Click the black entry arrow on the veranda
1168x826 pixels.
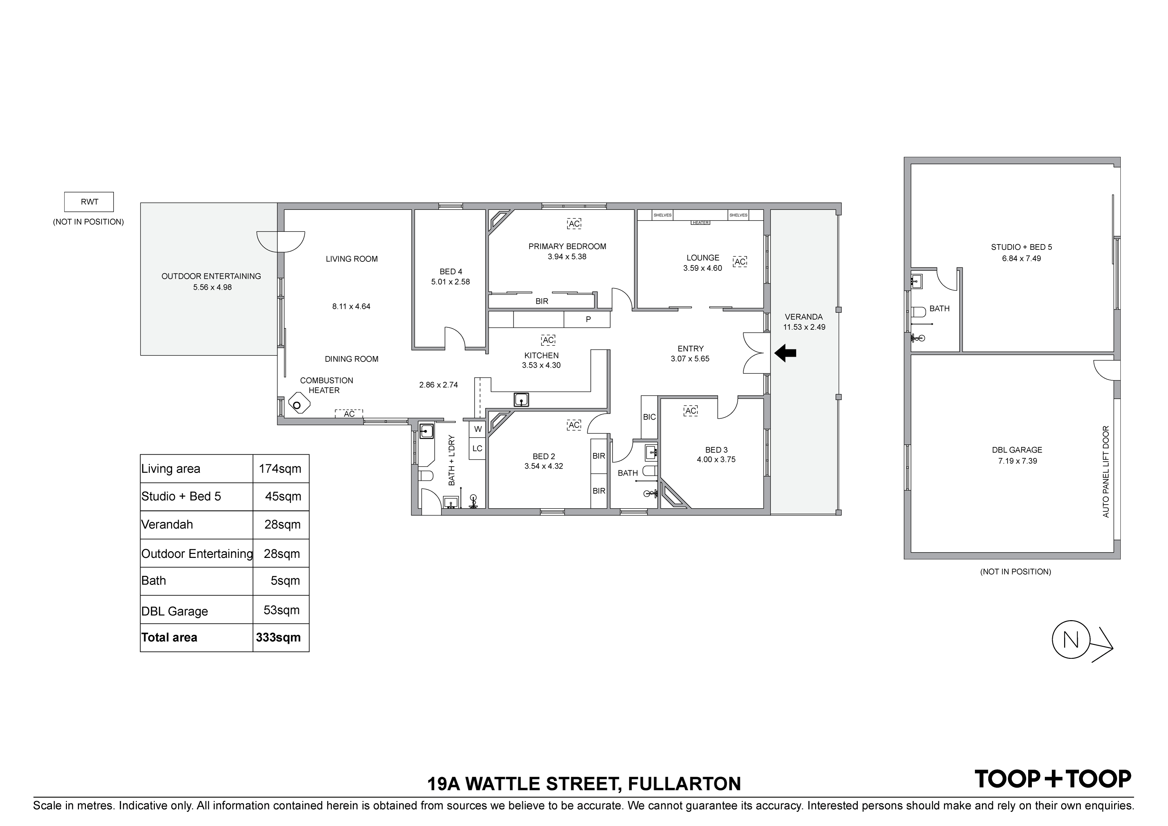(785, 353)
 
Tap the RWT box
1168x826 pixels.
(89, 202)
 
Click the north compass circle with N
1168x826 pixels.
(1071, 640)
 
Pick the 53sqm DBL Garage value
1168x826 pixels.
(281, 610)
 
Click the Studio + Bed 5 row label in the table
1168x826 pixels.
(181, 496)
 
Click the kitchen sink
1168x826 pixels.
(521, 400)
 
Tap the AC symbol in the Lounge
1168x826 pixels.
(740, 261)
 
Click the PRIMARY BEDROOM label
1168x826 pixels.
(567, 246)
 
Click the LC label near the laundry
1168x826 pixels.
(477, 448)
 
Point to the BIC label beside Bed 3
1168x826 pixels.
(649, 417)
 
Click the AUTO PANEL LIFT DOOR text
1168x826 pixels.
(1105, 472)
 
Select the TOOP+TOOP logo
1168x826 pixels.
(1052, 779)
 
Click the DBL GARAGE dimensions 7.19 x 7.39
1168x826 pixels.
(1018, 461)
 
